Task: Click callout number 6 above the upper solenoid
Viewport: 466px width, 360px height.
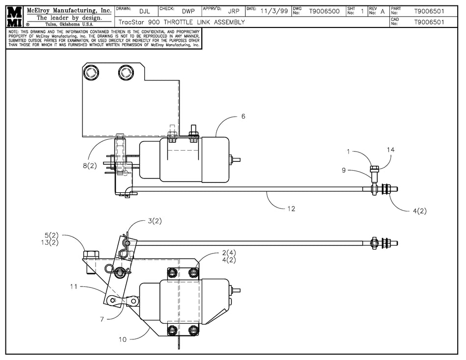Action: [x=243, y=116]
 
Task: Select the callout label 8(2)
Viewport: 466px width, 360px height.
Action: [x=89, y=165]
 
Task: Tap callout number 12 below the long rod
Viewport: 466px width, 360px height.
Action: [x=291, y=208]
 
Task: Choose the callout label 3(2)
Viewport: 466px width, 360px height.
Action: [x=155, y=221]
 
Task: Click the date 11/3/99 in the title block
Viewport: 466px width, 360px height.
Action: [x=274, y=11]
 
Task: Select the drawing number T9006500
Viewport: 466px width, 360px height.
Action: [x=324, y=11]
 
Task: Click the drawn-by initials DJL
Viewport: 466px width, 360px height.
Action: [x=145, y=11]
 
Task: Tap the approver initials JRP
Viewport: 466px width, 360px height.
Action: [x=233, y=11]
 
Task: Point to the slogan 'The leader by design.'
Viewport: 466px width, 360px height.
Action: [x=70, y=18]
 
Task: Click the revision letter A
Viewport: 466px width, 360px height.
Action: [x=383, y=11]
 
